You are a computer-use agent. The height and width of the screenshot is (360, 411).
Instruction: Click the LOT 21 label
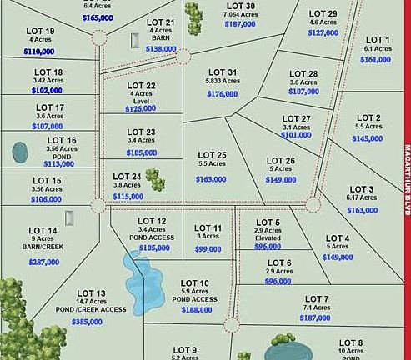[160, 22]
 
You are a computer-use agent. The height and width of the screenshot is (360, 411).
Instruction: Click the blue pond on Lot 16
[20, 152]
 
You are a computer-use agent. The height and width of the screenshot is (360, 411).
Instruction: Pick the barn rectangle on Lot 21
[134, 40]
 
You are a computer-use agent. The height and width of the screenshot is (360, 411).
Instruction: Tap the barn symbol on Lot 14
[70, 219]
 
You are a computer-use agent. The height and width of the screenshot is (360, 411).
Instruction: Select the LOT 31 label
[222, 72]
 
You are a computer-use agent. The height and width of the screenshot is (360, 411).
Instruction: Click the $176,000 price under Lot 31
[223, 95]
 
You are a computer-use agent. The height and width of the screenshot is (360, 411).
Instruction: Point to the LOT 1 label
[378, 40]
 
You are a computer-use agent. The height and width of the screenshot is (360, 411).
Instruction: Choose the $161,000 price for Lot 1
[377, 60]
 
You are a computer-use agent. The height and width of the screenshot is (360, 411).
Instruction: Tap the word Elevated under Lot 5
[267, 237]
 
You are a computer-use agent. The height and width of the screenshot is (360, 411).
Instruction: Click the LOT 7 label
[317, 298]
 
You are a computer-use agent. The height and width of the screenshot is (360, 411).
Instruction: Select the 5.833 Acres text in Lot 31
[222, 82]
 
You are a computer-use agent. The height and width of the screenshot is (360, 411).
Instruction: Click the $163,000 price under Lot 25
[211, 179]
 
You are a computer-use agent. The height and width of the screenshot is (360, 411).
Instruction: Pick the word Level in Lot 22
[141, 101]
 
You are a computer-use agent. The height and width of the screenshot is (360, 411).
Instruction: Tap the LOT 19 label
[40, 31]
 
